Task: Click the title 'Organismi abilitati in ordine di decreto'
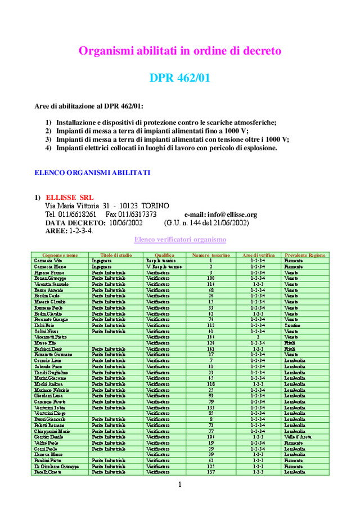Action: [x=179, y=51]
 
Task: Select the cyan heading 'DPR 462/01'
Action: [x=179, y=78]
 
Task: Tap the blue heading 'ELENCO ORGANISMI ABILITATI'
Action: [x=92, y=172]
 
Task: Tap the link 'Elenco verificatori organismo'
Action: [x=180, y=239]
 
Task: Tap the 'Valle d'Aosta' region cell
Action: [x=298, y=437]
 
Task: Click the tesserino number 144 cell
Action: [x=210, y=337]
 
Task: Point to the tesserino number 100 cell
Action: [x=210, y=278]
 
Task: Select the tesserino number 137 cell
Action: [x=210, y=472]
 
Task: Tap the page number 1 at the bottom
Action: [x=180, y=485]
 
